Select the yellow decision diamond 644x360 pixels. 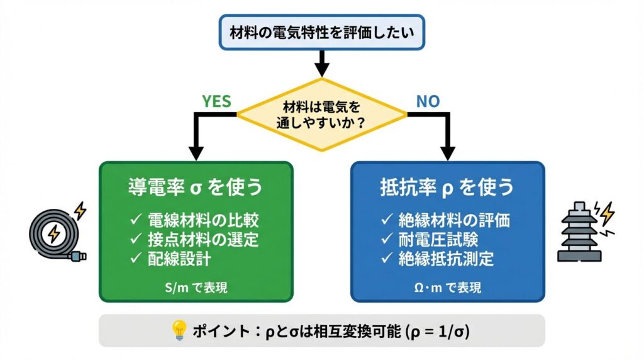tap(321, 114)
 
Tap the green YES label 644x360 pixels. tap(216, 101)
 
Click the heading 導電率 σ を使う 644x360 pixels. tap(196, 188)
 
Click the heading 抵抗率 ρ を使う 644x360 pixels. tap(447, 188)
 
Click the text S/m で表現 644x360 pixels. tap(196, 288)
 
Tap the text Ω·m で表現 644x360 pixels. tap(447, 288)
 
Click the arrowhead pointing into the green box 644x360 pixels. tap(196, 154)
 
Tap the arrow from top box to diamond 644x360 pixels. tap(321, 63)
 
